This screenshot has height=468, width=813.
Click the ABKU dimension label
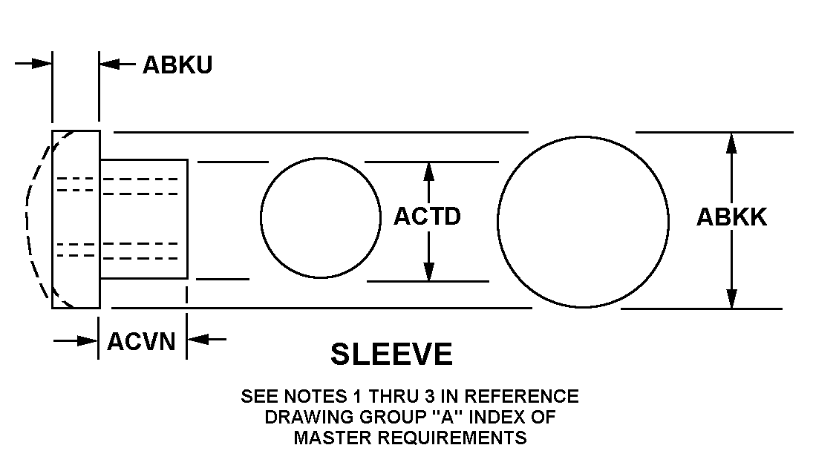[177, 65]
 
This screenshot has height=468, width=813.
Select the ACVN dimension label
[142, 342]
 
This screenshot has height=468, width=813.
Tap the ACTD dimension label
[427, 217]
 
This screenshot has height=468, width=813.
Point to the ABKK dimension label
[731, 217]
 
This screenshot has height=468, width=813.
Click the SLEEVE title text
[391, 354]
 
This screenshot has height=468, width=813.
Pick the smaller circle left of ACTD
[321, 218]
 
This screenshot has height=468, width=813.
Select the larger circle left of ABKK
[583, 222]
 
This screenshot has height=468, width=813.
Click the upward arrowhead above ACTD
[428, 171]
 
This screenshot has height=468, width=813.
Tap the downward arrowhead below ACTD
[429, 271]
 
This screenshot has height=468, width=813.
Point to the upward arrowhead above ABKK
[731, 143]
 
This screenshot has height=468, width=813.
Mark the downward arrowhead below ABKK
[731, 299]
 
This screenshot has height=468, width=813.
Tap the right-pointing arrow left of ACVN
[76, 340]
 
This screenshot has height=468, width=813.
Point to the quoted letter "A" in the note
[443, 417]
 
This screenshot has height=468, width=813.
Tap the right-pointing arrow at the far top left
[33, 64]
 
